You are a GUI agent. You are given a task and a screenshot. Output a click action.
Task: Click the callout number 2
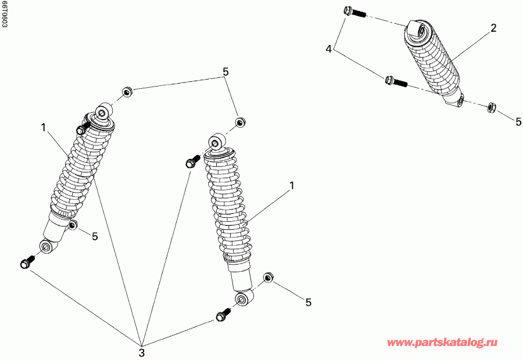(493, 28)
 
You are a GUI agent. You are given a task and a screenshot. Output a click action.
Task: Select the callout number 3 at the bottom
(141, 351)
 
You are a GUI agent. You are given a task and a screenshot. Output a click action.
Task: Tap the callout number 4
(329, 49)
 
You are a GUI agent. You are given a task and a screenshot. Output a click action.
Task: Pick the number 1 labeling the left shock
(43, 127)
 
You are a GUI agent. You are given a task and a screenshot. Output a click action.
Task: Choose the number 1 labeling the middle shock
(292, 185)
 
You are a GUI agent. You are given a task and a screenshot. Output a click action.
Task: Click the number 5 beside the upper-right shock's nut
(518, 121)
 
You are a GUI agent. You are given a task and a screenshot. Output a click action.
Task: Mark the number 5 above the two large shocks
(225, 72)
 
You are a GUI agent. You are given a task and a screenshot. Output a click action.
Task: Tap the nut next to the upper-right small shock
(490, 106)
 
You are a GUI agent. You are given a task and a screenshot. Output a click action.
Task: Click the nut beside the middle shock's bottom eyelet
(268, 277)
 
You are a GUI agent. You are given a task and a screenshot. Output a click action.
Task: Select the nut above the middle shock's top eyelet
(239, 122)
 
